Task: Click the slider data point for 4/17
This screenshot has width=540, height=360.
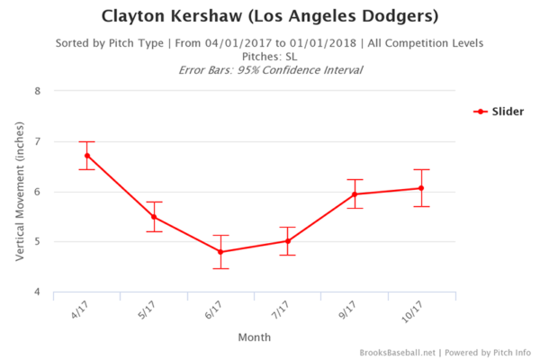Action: pos(87,156)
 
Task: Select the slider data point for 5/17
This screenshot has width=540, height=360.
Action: pos(154,217)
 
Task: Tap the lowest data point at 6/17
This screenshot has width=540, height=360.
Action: pos(220,252)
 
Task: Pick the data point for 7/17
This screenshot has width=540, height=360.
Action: pos(287,241)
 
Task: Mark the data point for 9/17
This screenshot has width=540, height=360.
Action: pos(355,194)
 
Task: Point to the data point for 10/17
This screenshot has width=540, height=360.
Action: pos(421,188)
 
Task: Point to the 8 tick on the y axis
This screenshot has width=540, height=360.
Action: pos(37,91)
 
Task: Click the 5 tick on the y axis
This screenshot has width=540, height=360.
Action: pos(37,242)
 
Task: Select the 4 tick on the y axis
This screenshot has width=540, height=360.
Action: pos(37,292)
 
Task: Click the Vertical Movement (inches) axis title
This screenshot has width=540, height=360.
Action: pos(19,191)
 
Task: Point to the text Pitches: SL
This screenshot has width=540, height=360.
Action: pos(269,57)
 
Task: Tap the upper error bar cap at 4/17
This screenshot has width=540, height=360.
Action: pos(87,142)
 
